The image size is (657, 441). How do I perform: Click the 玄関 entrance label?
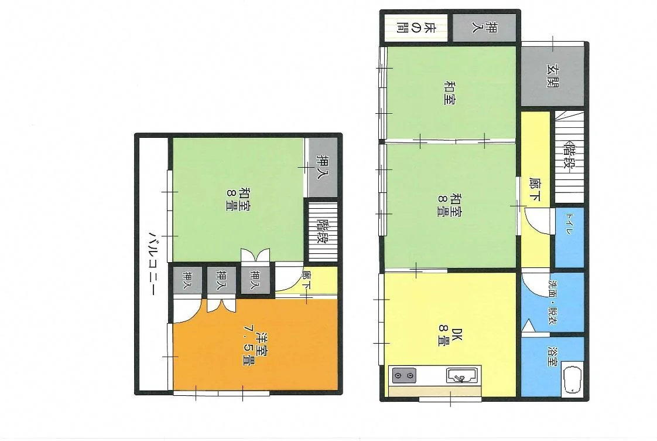pos(553,76)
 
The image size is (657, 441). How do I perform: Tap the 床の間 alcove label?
pos(416,28)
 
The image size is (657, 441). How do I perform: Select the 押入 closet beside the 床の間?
pos(484,28)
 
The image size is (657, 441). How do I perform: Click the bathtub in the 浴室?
pos(572,379)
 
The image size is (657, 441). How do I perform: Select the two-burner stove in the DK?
pos(404,375)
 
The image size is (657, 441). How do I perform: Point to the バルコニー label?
pos(153,263)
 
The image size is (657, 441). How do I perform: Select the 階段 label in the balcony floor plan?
pos(323,232)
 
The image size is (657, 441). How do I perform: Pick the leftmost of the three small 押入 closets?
pos(187,280)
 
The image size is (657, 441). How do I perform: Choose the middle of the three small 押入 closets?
pos(221,280)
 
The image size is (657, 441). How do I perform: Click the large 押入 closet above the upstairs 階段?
pos(323,167)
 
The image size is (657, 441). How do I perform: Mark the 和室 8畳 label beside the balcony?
pos(238,199)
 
